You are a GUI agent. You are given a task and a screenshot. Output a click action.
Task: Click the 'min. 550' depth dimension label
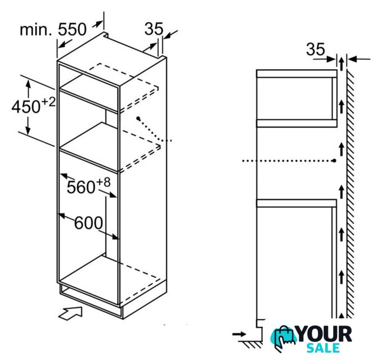tap(53, 29)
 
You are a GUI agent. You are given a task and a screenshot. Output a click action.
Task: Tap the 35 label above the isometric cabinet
tap(154, 29)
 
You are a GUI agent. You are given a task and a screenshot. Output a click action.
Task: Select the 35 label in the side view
tap(316, 49)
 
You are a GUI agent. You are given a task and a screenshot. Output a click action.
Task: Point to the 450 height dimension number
tap(26, 106)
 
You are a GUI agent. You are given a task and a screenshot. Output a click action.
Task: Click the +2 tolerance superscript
tap(49, 102)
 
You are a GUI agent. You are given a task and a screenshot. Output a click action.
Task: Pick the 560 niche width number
tap(81, 187)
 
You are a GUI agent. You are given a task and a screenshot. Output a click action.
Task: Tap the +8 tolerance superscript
tap(104, 182)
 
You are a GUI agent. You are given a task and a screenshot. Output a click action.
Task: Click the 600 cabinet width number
tap(88, 223)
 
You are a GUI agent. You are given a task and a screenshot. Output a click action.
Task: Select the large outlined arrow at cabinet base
tap(70, 313)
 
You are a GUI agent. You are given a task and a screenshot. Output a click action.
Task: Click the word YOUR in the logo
tap(325, 334)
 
